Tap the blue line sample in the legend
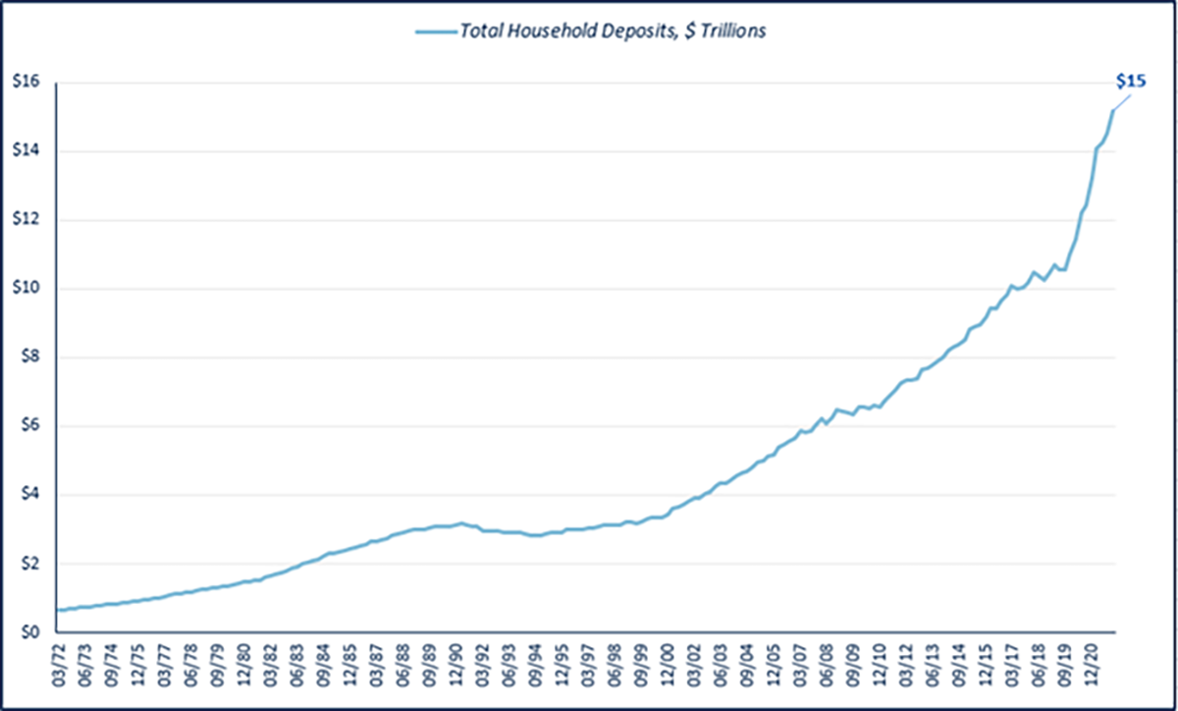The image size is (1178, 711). (x=436, y=31)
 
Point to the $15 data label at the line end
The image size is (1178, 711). (x=1131, y=82)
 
